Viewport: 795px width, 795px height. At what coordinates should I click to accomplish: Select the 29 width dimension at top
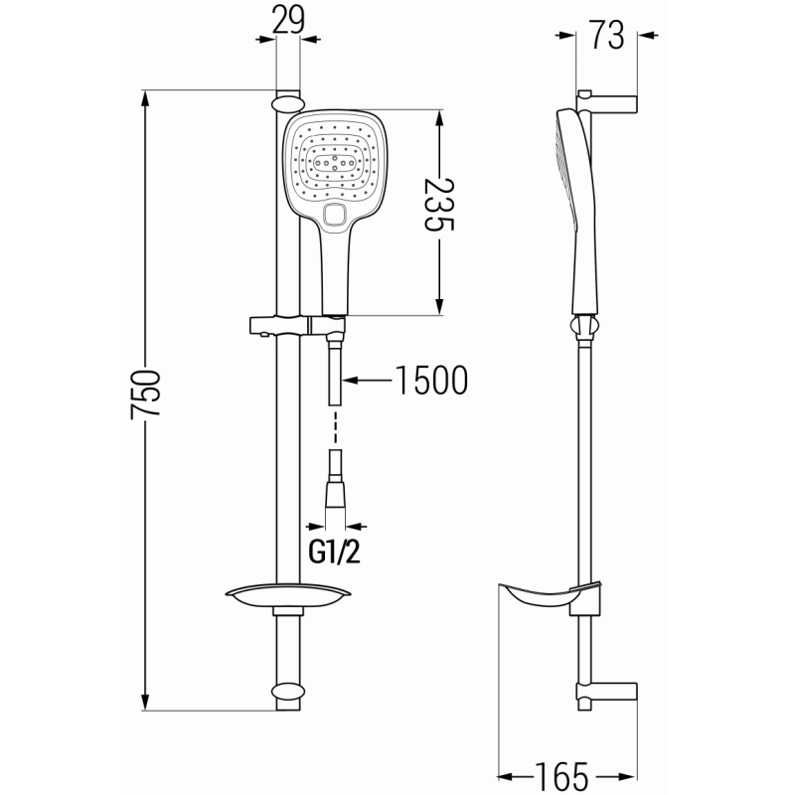[287, 19]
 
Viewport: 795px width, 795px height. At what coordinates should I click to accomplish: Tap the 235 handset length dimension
[438, 206]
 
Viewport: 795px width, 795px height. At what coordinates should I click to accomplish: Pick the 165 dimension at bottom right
[562, 774]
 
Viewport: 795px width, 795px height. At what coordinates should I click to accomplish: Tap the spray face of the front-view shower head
[335, 160]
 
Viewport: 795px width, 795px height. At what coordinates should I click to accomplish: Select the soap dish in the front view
[288, 597]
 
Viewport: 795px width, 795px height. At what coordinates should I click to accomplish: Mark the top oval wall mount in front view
[286, 101]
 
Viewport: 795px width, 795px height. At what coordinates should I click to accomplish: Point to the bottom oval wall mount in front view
[286, 693]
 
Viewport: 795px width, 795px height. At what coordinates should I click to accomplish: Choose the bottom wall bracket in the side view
[608, 693]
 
